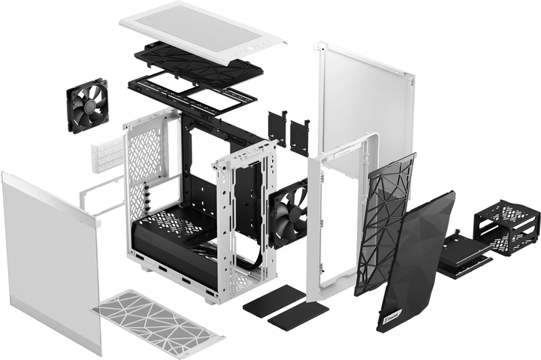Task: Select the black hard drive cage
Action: click(508, 230)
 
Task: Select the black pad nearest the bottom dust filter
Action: click(273, 299)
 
